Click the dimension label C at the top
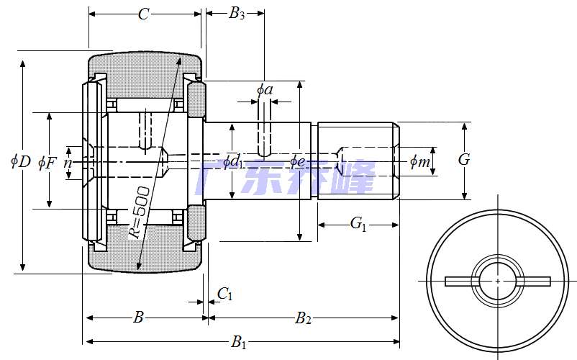(x=144, y=14)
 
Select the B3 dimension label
(x=237, y=14)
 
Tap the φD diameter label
(x=21, y=161)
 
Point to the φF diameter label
(x=47, y=161)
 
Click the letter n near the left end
(x=68, y=162)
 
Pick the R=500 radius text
(x=139, y=212)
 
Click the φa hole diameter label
(x=265, y=90)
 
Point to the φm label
(x=420, y=162)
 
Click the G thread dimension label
(x=464, y=160)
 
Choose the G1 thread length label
(x=358, y=224)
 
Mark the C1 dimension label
(x=224, y=294)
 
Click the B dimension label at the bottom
(x=140, y=317)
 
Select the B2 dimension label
(x=304, y=318)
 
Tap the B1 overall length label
(x=238, y=342)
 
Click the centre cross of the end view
(x=498, y=280)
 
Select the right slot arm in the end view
(x=533, y=281)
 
